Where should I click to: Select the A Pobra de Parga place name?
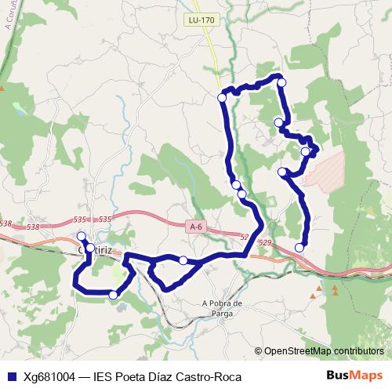(224, 309)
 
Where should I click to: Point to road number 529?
(264, 243)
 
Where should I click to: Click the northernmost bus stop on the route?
(281, 82)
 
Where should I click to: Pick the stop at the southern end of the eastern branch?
(299, 248)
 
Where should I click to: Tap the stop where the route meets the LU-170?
(222, 97)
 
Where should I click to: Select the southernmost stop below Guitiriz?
(114, 295)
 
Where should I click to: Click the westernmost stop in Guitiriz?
(81, 235)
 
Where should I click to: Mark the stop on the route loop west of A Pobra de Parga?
(183, 260)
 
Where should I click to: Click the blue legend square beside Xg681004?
(11, 376)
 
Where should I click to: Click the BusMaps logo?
(361, 376)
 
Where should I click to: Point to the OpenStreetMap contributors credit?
(322, 350)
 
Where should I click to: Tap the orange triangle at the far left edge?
(2, 88)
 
